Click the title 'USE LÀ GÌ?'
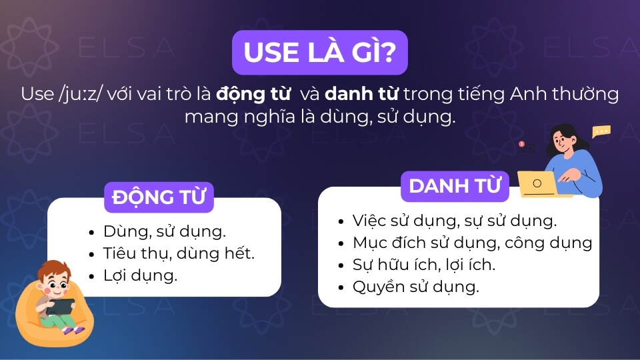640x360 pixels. click(319, 52)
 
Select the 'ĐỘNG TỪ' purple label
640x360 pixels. click(159, 197)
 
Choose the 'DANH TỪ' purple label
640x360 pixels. click(455, 186)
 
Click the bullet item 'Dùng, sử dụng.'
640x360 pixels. click(165, 232)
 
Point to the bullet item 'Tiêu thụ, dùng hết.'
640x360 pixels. click(179, 253)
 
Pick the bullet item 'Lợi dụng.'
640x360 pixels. click(141, 275)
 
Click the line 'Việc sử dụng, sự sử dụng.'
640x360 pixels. click(455, 221)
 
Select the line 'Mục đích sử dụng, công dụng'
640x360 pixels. click(472, 243)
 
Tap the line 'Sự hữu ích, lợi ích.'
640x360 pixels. click(424, 265)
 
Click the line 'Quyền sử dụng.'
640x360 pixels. click(416, 287)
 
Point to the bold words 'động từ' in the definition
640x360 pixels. click(253, 94)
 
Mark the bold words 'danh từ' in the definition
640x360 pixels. click(361, 94)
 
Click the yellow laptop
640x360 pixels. click(539, 184)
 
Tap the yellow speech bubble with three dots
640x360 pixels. click(601, 131)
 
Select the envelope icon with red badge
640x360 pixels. click(527, 147)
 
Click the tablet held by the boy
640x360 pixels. click(61, 307)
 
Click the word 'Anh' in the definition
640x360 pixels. click(529, 94)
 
